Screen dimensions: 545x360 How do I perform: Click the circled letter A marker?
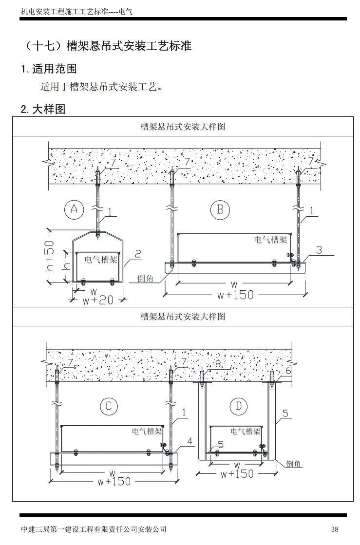click(74, 209)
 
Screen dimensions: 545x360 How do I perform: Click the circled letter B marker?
click(220, 209)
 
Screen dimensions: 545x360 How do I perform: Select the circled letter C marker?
click(109, 407)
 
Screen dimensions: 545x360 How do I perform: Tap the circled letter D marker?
click(238, 406)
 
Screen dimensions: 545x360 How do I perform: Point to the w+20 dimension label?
click(98, 300)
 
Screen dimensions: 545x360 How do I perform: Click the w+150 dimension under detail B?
click(234, 295)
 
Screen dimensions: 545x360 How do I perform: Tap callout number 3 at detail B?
click(319, 250)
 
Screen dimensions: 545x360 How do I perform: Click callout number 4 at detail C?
click(189, 441)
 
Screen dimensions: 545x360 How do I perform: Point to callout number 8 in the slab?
click(218, 364)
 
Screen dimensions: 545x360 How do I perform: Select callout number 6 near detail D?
click(288, 371)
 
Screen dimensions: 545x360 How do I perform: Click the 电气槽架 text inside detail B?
click(270, 240)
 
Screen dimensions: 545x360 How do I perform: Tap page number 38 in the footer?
click(334, 529)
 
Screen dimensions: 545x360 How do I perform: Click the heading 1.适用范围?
click(49, 69)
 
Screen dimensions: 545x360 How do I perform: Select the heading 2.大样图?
click(43, 109)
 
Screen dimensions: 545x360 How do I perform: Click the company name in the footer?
click(94, 529)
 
